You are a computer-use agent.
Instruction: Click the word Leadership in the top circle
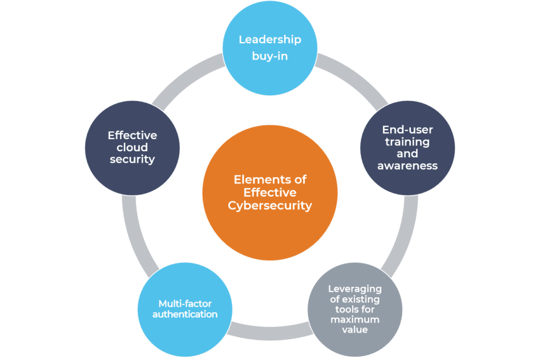(x=269, y=40)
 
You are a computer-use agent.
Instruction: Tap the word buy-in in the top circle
(x=270, y=55)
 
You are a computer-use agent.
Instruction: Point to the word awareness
(x=407, y=166)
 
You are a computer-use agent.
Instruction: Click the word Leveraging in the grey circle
(x=354, y=289)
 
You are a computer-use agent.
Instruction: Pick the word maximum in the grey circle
(x=354, y=319)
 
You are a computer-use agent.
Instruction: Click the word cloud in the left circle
(x=132, y=147)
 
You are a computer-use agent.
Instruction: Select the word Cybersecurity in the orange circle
(x=270, y=206)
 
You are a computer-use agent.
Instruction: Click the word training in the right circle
(x=407, y=142)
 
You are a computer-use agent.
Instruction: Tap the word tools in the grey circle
(x=341, y=309)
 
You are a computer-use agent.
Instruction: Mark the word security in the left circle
(x=132, y=159)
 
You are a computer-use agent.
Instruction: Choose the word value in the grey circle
(x=354, y=329)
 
